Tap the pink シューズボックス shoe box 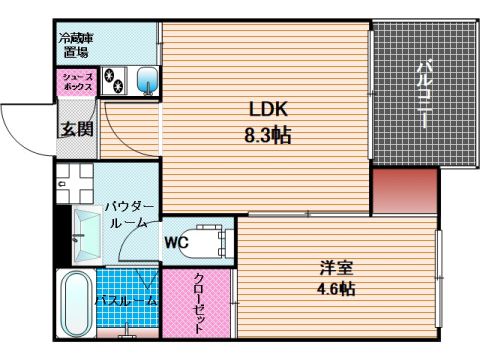pyautogui.click(x=76, y=82)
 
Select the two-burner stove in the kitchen pyautogui.click(x=113, y=81)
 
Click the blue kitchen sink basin pyautogui.click(x=145, y=80)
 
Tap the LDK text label pyautogui.click(x=268, y=111)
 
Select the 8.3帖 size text pyautogui.click(x=269, y=135)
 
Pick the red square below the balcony pyautogui.click(x=404, y=190)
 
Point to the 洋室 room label pyautogui.click(x=334, y=268)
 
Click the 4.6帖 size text pyautogui.click(x=334, y=289)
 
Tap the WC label pyautogui.click(x=177, y=241)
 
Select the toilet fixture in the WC pyautogui.click(x=210, y=240)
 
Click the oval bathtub pyautogui.click(x=76, y=304)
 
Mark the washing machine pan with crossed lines pyautogui.click(x=74, y=183)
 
